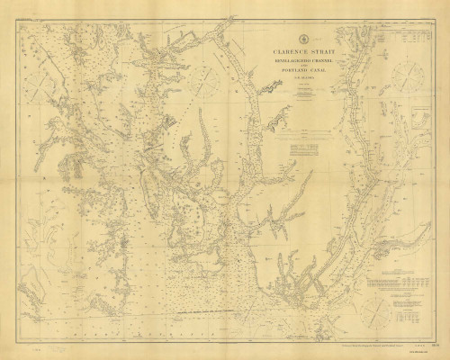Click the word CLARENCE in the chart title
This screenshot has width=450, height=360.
(283, 53)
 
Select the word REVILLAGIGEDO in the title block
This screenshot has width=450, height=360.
(284, 62)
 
